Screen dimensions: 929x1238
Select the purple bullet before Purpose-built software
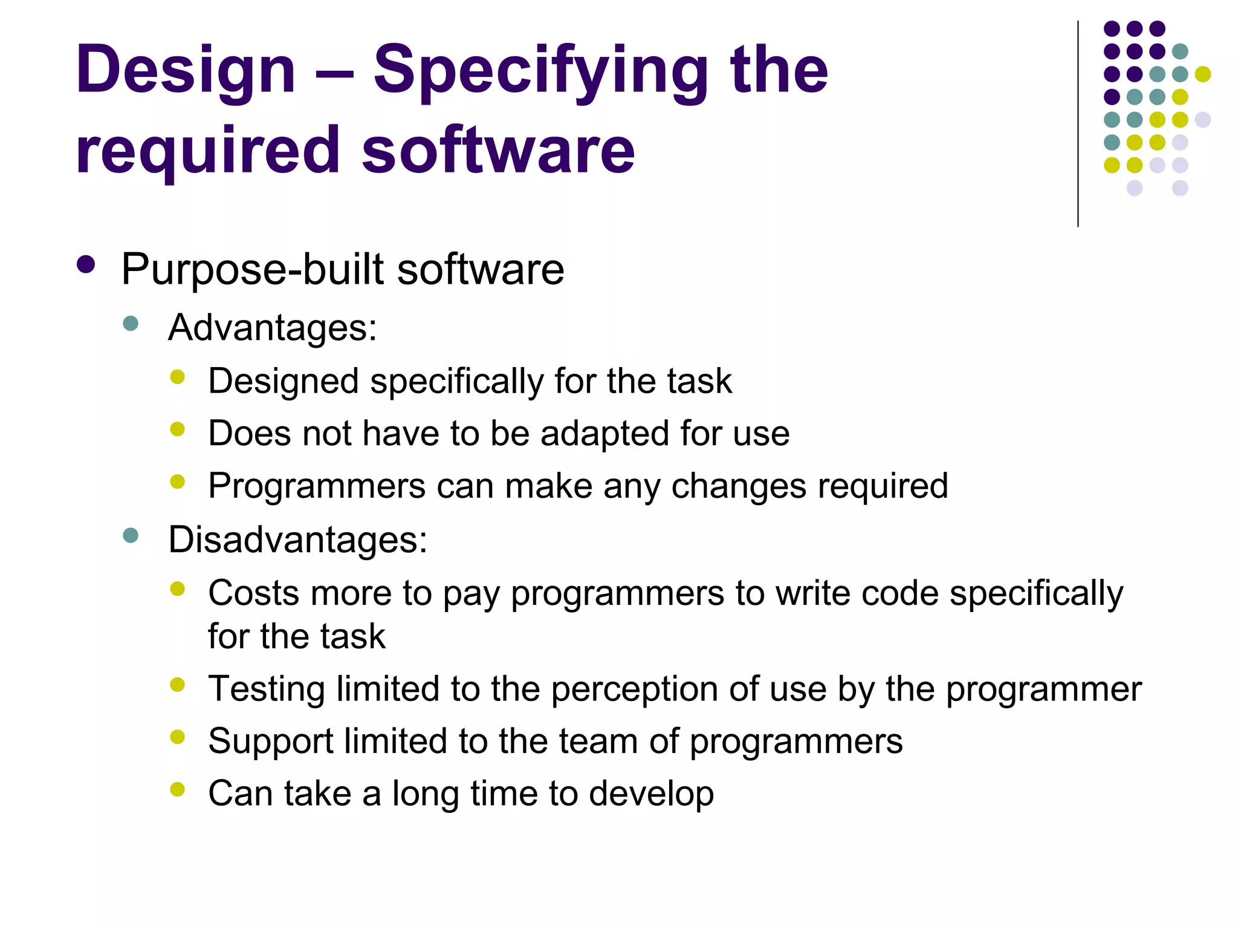click(86, 265)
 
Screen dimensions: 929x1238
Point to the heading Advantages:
click(272, 327)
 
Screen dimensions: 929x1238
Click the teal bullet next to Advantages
click(131, 324)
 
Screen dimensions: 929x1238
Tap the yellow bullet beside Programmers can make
click(177, 482)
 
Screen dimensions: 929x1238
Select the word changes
click(739, 486)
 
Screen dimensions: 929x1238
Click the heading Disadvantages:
click(297, 539)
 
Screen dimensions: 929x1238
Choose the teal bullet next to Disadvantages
click(131, 535)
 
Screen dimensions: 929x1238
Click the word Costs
click(253, 593)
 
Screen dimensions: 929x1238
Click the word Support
click(270, 742)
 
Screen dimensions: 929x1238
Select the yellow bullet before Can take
click(177, 789)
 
